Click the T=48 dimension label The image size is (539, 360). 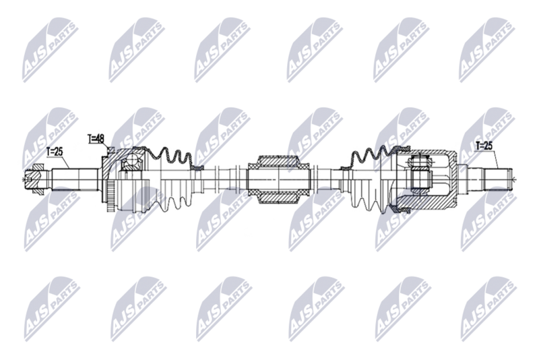(x=96, y=139)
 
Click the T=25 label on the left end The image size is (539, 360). (x=55, y=152)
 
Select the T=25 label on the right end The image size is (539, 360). (x=484, y=144)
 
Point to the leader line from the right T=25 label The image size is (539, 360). (x=495, y=159)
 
